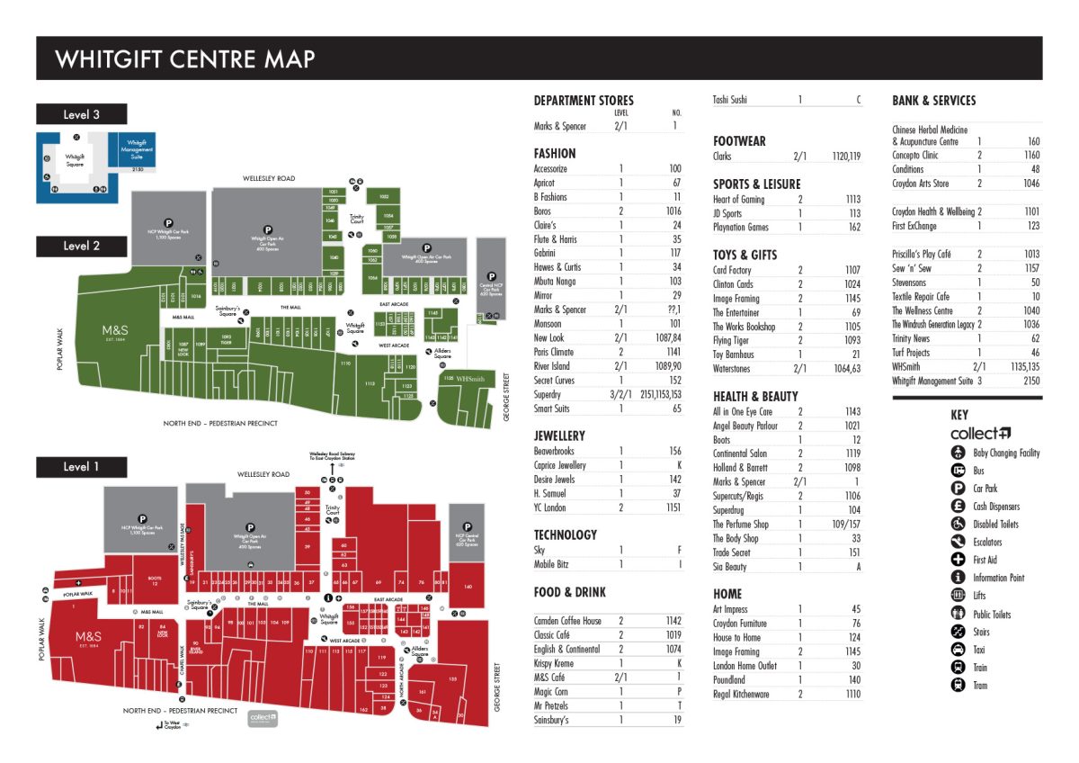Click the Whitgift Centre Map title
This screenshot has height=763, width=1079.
184,59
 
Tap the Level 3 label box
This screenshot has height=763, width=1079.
81,114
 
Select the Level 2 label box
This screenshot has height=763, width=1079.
81,246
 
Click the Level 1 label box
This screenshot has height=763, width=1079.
81,467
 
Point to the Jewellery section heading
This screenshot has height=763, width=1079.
559,436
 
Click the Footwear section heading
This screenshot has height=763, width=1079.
739,141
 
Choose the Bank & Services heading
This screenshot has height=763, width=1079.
933,101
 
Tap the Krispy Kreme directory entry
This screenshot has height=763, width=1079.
554,663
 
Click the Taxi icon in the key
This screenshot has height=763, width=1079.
958,650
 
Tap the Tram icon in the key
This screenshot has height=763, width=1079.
958,686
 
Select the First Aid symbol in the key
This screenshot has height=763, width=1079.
958,560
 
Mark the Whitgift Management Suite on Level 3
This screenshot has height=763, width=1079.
137,148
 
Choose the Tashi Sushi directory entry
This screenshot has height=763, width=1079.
729,100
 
